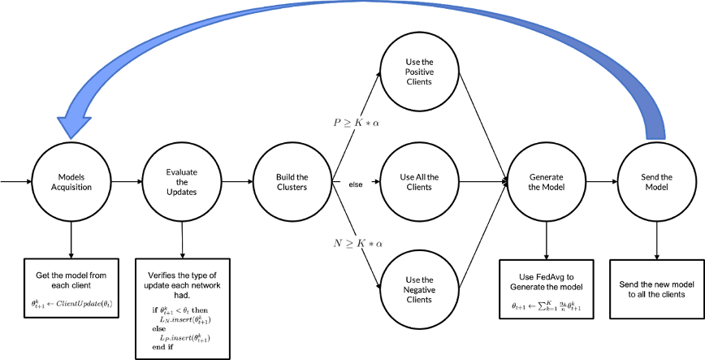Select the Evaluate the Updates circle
(x=181, y=181)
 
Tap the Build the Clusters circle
(x=292, y=182)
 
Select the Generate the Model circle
(x=545, y=181)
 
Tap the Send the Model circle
(x=656, y=181)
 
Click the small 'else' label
(x=356, y=184)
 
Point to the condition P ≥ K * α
(x=357, y=123)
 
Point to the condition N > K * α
(x=357, y=242)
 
